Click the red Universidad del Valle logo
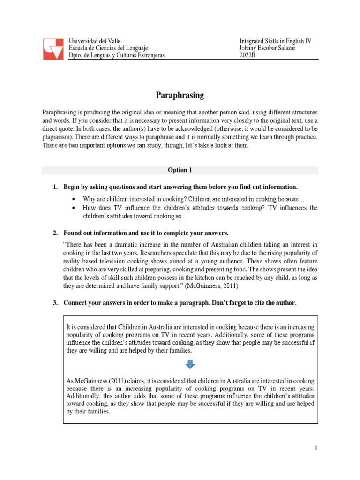click(53, 49)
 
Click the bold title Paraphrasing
click(180, 95)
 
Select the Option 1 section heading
click(180, 170)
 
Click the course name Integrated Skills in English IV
click(275, 41)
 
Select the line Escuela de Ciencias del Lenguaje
click(108, 48)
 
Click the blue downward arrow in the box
click(190, 364)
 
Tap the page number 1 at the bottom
click(316, 449)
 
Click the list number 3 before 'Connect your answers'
click(54, 303)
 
